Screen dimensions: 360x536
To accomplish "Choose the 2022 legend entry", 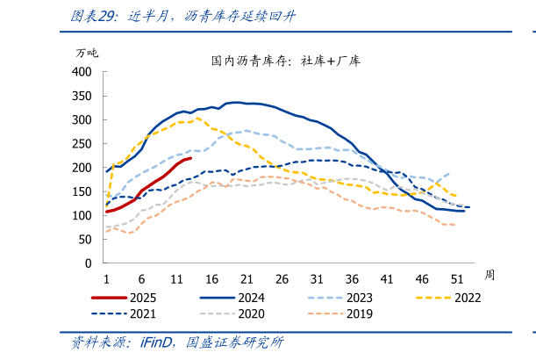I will coord(466,297).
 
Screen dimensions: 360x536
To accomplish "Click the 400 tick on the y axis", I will coord(82,72).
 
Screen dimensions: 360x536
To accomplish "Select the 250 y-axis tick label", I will coord(82,143).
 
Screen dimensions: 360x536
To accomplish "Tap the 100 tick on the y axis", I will coord(82,215).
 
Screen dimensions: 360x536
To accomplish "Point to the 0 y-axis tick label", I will coord(89,263).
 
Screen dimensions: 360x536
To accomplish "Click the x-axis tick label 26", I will coord(282,278).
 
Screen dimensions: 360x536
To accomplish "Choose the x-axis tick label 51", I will coord(457,278).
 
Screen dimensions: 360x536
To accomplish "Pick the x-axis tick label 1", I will coord(106,278).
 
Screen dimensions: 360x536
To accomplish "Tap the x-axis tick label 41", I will coord(387,278).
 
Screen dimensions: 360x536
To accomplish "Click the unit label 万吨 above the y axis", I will coord(88,53).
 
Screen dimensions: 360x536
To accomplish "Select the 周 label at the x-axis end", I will coord(490,275).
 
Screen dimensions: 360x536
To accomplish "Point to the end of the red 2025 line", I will coord(191,159).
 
